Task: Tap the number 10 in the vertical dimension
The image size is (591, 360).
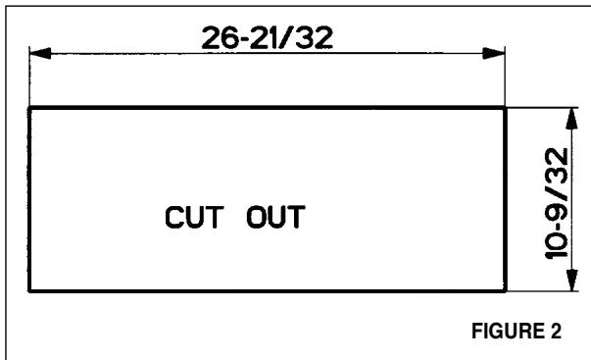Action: [x=557, y=245]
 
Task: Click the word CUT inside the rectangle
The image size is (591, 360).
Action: [x=194, y=217]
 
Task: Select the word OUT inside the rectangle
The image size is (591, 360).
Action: [x=275, y=217]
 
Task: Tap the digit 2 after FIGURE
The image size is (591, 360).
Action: [x=555, y=331]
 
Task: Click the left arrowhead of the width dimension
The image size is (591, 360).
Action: [x=40, y=53]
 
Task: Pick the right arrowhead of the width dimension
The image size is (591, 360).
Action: [x=494, y=53]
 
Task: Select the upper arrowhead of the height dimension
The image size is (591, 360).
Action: [x=571, y=119]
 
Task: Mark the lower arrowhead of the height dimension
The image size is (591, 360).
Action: [x=571, y=280]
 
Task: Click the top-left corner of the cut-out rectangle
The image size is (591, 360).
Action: [x=29, y=108]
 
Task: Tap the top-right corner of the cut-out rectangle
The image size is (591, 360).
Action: [x=505, y=108]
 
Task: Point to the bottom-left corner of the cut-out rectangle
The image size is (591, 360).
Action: [x=29, y=291]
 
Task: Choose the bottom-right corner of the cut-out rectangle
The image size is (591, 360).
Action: [x=505, y=291]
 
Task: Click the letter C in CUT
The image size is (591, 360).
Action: [x=174, y=217]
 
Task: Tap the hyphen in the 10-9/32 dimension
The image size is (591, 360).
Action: [x=558, y=225]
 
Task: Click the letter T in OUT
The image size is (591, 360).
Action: [x=296, y=217]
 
